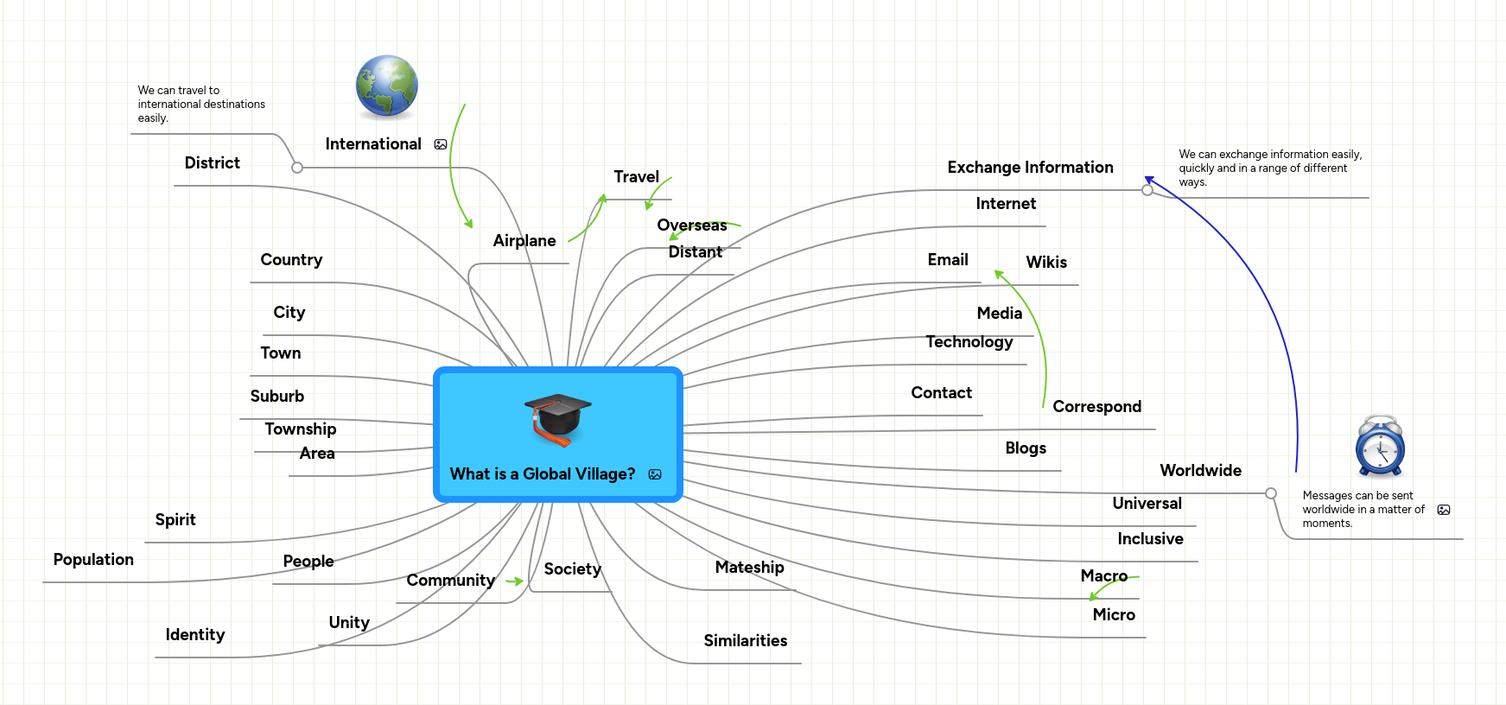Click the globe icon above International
click(387, 86)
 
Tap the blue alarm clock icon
click(1380, 447)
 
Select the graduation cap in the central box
click(557, 419)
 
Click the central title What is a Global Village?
click(542, 474)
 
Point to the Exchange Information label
click(1030, 168)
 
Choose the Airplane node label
click(524, 241)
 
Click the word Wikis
click(1046, 263)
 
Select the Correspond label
click(1096, 407)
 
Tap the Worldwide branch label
click(1200, 471)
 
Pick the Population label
click(93, 560)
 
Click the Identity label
click(195, 635)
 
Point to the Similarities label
click(746, 641)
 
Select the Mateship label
click(749, 568)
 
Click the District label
click(213, 163)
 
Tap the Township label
click(301, 429)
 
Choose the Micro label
click(1114, 615)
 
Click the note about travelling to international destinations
click(201, 105)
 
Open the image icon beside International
click(441, 144)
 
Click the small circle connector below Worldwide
click(1271, 493)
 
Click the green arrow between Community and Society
click(515, 581)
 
